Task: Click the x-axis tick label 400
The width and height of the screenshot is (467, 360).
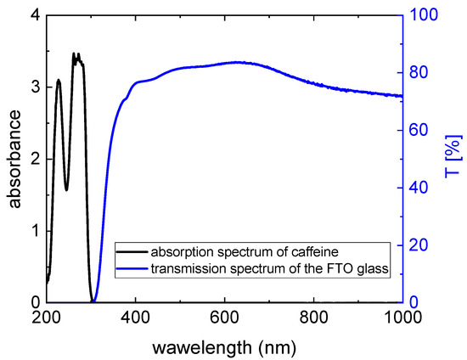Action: click(x=135, y=318)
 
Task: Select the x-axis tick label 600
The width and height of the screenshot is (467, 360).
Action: click(x=224, y=318)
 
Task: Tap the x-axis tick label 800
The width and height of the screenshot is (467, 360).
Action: click(x=313, y=318)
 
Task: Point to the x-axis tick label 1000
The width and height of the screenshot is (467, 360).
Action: click(x=402, y=318)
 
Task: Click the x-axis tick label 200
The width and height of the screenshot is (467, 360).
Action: click(x=46, y=318)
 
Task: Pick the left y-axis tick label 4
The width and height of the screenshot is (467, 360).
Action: click(x=33, y=15)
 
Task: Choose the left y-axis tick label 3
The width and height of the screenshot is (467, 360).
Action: click(x=33, y=87)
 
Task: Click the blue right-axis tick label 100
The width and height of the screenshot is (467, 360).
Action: click(x=424, y=15)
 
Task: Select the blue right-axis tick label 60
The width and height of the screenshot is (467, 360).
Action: click(x=420, y=130)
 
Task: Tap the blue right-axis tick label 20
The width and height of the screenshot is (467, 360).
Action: click(x=420, y=245)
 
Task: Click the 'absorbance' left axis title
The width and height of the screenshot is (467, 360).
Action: click(x=14, y=159)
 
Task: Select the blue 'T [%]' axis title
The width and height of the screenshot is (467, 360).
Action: click(x=454, y=159)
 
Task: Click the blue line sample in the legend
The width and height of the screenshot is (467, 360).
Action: click(x=132, y=271)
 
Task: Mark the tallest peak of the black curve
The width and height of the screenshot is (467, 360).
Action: click(x=75, y=53)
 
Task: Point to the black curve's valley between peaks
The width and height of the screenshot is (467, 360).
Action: click(x=66, y=189)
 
